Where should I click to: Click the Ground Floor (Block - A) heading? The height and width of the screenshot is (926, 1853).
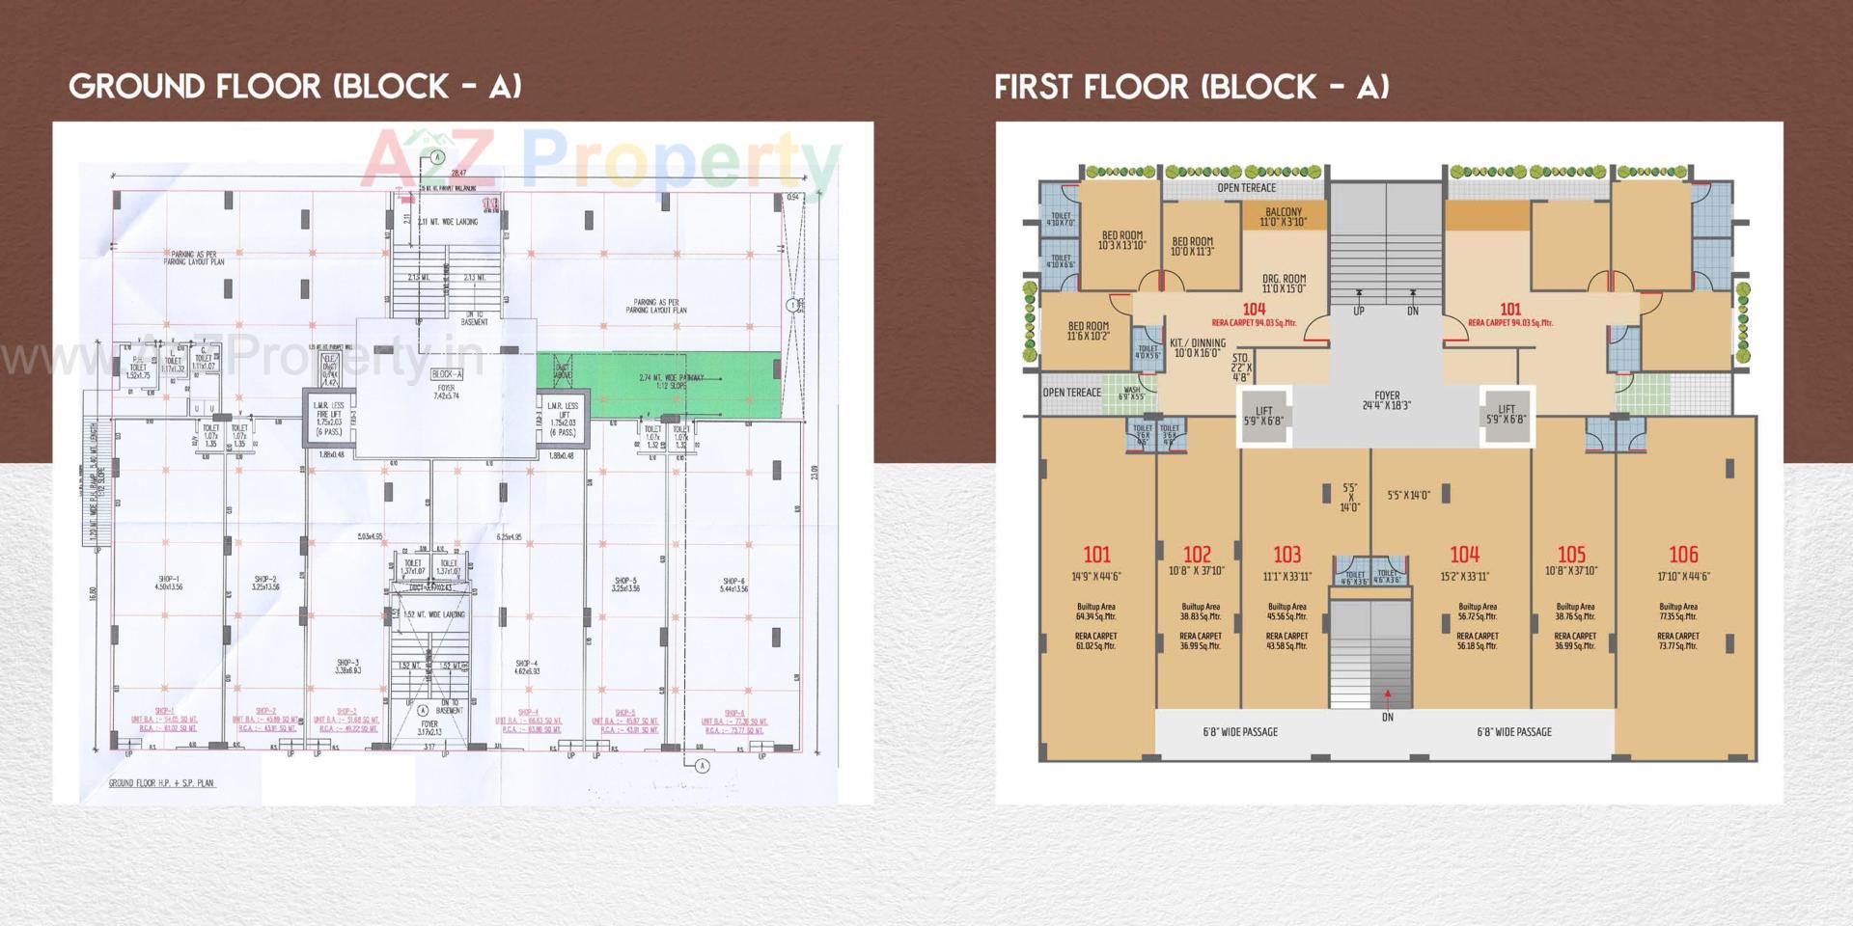[x=295, y=87]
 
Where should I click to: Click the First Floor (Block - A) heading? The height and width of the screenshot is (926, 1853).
[x=1192, y=87]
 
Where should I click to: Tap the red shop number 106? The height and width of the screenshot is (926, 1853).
[x=1683, y=555]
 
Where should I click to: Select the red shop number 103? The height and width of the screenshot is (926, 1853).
[x=1286, y=555]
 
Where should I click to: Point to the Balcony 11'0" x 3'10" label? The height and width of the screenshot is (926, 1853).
[x=1283, y=217]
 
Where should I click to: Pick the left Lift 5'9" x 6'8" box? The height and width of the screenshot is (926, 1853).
[x=1263, y=416]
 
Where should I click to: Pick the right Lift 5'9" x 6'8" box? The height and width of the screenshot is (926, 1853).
[x=1507, y=415]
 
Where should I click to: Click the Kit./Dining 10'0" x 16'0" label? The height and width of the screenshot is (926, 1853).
[x=1197, y=348]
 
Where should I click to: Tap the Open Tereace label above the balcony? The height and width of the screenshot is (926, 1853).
[x=1246, y=188]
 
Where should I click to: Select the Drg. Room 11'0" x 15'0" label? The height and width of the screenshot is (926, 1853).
[x=1284, y=284]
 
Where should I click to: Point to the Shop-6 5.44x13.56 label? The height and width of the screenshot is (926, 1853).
[x=733, y=585]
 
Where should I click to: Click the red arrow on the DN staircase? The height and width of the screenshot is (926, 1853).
[x=1388, y=693]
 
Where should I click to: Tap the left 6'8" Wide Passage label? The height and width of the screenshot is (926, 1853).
[x=1239, y=732]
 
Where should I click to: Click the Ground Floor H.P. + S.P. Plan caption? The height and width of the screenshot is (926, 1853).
[x=161, y=783]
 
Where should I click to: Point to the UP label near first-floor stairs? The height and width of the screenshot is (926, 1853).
[x=1358, y=311]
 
